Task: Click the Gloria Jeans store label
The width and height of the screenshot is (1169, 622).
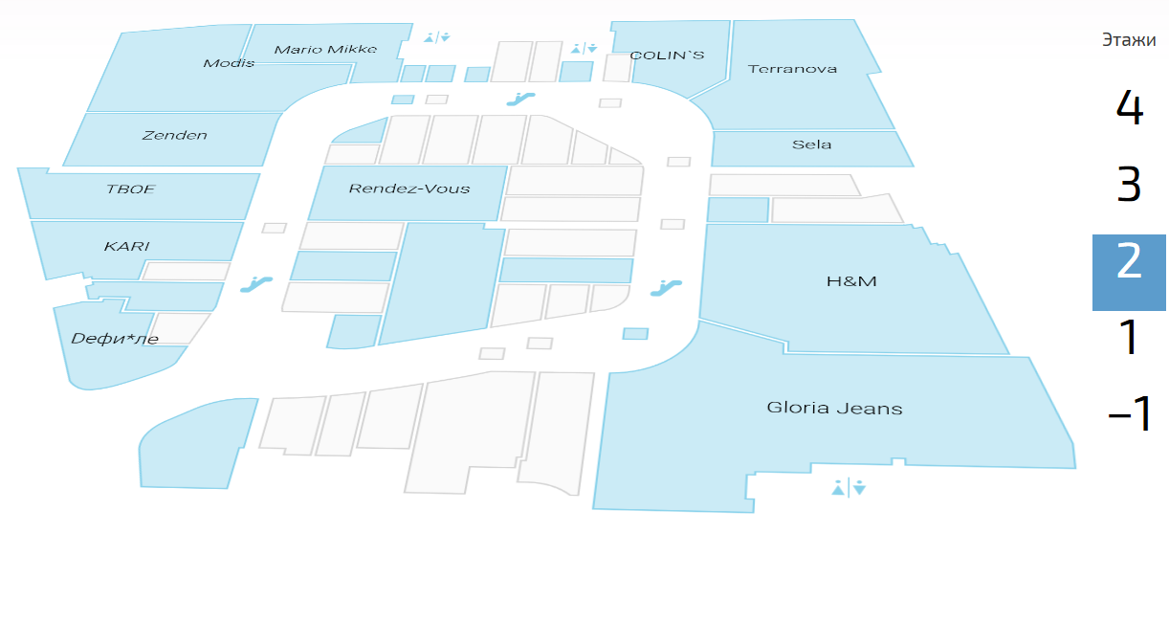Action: tap(834, 408)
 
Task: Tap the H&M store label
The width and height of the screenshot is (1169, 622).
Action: tap(851, 281)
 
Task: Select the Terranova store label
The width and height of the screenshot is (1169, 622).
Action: tap(792, 69)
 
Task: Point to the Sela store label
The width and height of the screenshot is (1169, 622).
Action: tap(811, 144)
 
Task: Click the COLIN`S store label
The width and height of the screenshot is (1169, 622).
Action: tap(667, 56)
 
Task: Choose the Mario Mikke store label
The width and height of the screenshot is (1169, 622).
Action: tap(325, 49)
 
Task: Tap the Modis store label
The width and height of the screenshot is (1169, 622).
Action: tap(229, 63)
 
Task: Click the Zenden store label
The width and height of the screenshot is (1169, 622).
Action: tap(174, 135)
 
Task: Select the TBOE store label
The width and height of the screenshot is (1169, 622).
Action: tap(130, 189)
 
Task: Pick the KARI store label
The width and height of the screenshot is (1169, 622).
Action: tap(126, 247)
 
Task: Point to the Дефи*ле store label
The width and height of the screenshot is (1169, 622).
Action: tap(115, 338)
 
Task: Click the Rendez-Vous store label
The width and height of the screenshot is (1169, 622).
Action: tap(409, 189)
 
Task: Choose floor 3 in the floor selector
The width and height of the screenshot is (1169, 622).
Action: tap(1129, 184)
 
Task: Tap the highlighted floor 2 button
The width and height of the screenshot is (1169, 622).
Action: tap(1129, 260)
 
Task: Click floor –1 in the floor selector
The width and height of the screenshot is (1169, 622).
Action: tap(1129, 414)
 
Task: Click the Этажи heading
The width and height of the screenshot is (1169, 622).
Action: tap(1129, 40)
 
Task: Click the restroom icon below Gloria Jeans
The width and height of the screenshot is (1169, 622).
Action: tap(849, 488)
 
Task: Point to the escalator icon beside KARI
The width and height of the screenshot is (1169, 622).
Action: tap(255, 283)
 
